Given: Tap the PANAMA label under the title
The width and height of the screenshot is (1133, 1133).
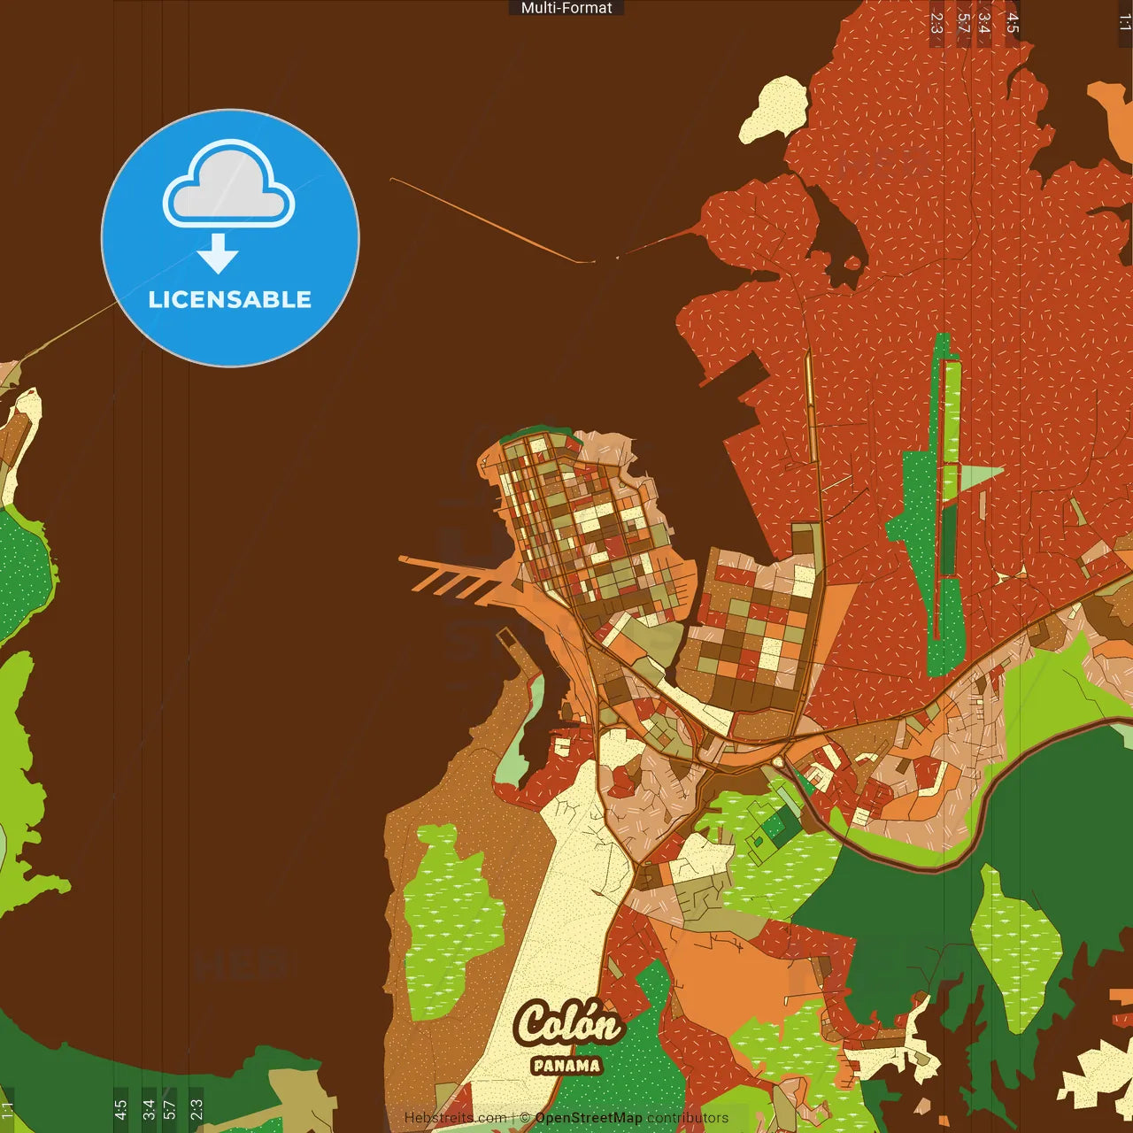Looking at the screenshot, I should [x=566, y=1065].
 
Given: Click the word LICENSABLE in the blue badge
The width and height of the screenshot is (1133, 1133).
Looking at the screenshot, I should [x=230, y=299].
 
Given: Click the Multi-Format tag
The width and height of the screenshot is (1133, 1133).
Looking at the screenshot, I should [x=566, y=8].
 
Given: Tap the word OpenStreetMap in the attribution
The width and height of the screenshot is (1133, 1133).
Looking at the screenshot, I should [x=588, y=1118].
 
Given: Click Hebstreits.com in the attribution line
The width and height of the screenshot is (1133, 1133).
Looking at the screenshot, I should [x=455, y=1118].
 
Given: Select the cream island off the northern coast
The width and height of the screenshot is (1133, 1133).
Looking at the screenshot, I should [x=772, y=109].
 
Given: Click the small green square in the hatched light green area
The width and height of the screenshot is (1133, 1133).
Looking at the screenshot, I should [x=775, y=828].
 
